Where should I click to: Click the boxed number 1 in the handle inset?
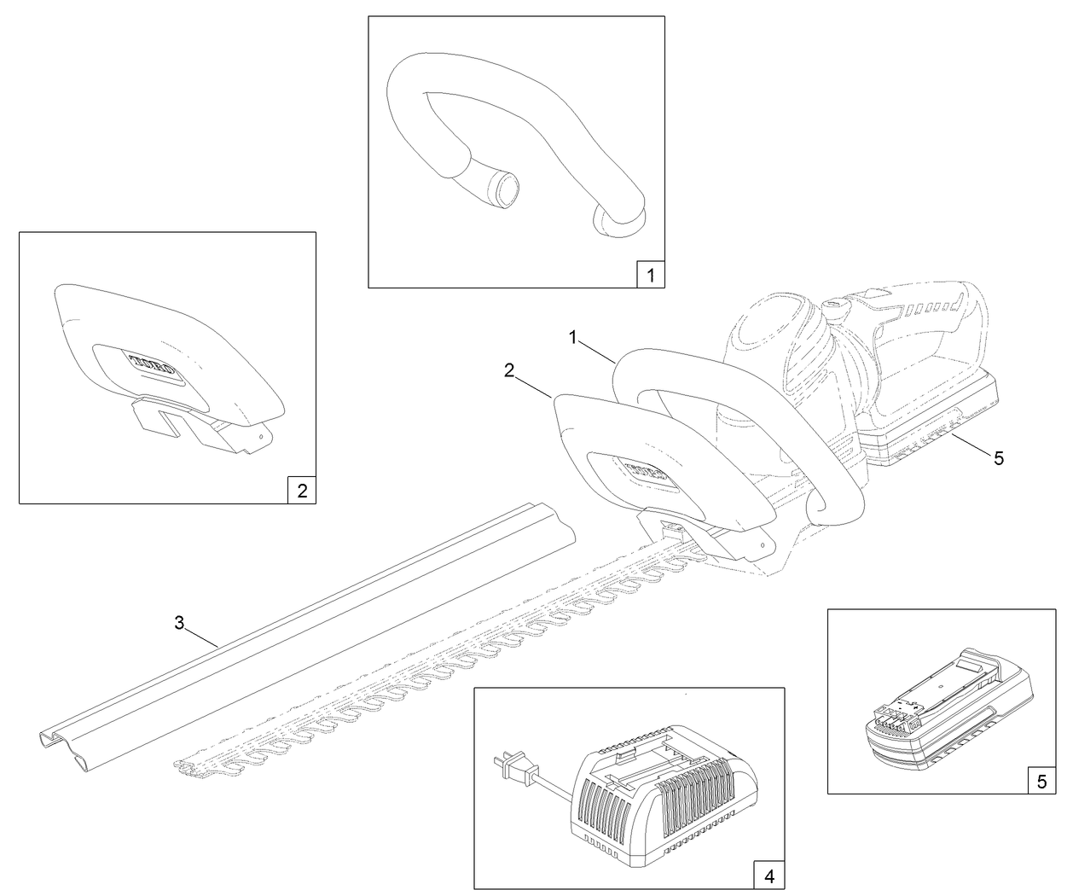coord(651,275)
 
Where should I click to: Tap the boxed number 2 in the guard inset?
coord(302,491)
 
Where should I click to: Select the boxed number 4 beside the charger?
coord(769,875)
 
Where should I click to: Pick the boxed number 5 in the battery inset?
coord(1041,781)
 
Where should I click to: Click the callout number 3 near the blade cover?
coord(179,623)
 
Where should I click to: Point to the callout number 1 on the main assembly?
coord(576,338)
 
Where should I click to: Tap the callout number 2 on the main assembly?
coord(509,370)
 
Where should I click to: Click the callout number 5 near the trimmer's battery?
coord(999,458)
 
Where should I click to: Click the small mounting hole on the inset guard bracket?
coord(259,438)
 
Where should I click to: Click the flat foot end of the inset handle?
coord(618,222)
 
